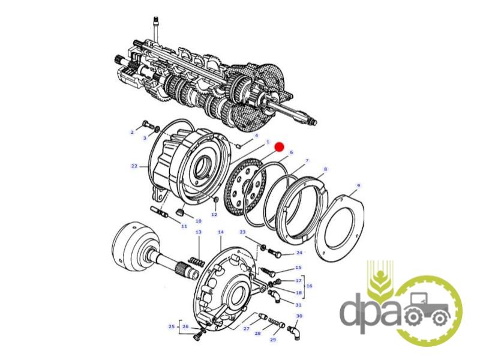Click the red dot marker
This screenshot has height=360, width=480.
[x=279, y=147]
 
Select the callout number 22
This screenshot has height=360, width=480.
[x=134, y=166]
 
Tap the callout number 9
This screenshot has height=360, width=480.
[x=358, y=185]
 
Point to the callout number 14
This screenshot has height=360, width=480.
[x=221, y=232]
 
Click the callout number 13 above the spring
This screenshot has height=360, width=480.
[x=199, y=232]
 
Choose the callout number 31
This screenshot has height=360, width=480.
[x=298, y=305]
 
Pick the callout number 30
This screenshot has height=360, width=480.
[x=299, y=316]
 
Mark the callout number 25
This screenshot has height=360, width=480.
[x=172, y=326]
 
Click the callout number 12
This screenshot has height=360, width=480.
[x=214, y=215]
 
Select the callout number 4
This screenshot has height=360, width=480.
[x=257, y=136]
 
